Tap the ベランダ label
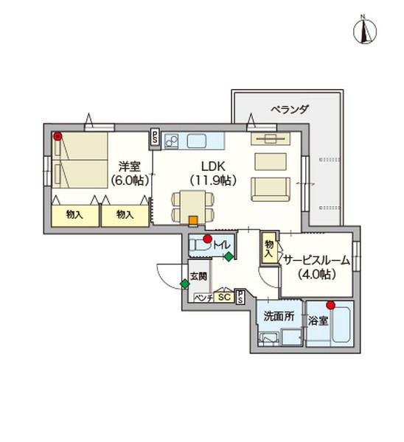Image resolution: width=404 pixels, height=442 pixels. coord(288,109)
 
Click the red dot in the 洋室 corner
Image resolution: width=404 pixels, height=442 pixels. coord(57,136)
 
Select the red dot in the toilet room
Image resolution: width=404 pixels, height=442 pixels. coord(208,239)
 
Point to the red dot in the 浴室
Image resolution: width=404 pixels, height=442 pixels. coord(331,305)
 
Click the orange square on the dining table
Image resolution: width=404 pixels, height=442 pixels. coord(192,219)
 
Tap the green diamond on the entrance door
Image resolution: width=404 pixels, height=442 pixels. coord(184,284)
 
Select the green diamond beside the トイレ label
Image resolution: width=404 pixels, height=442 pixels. coord(229,256)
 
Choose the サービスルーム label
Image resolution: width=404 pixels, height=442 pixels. coord(316,259)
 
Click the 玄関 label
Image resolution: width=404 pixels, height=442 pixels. coord(199,277)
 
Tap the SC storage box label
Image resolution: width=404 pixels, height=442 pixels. coord(224,297)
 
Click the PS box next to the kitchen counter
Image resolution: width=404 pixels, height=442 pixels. coord(155,136)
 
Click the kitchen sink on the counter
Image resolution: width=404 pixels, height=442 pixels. coord(198,140)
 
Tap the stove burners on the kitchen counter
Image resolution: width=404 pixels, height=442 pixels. coord(171,140)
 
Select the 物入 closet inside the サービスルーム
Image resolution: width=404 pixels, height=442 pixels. coord(268,247)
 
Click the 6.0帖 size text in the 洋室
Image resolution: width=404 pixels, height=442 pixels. coord(130,179)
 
